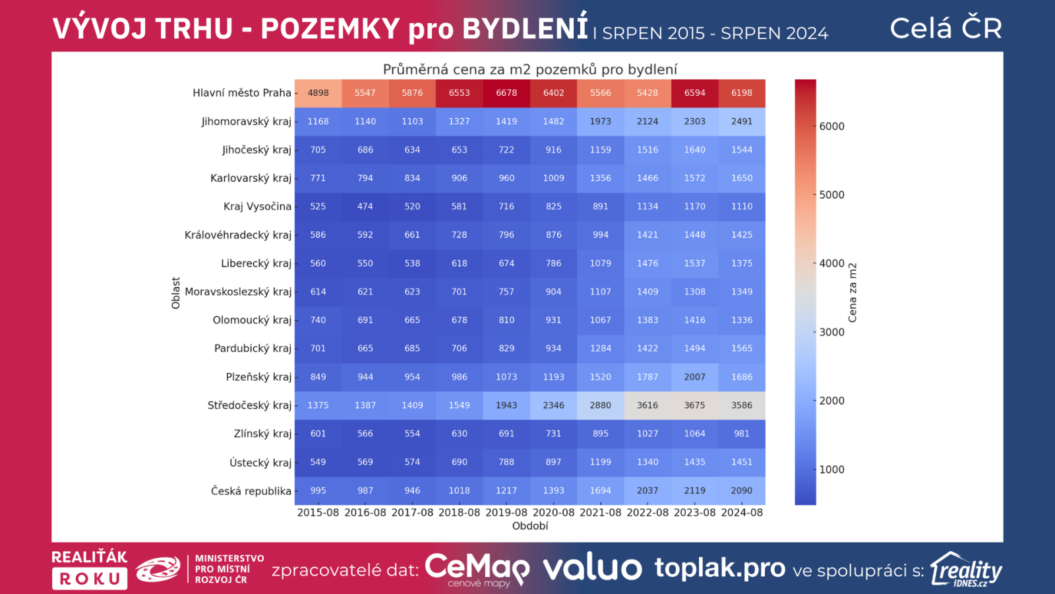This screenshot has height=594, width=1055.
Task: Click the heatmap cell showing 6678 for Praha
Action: click(x=506, y=93)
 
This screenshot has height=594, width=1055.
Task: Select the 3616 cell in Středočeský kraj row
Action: click(x=648, y=405)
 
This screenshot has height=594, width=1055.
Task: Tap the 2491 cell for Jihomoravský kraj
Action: click(x=742, y=121)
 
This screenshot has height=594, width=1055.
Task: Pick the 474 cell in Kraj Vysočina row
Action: click(x=365, y=207)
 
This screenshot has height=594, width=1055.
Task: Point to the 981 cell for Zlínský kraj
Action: click(x=742, y=434)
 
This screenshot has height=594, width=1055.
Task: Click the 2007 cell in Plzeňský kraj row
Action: click(x=694, y=377)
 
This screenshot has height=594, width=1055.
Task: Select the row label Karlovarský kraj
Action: click(x=251, y=178)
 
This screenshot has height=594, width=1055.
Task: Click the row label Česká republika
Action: click(x=251, y=491)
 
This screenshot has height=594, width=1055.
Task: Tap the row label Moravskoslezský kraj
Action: click(x=238, y=292)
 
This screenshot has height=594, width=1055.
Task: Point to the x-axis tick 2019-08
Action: click(x=506, y=512)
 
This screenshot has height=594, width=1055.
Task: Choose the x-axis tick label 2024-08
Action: click(x=742, y=512)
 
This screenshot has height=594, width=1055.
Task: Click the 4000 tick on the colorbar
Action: click(x=831, y=263)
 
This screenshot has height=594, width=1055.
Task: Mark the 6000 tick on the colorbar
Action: click(x=831, y=126)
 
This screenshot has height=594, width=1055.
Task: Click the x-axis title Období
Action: click(x=530, y=526)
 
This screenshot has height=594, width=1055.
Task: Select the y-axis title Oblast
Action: click(x=175, y=292)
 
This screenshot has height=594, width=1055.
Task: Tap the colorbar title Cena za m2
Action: click(x=853, y=292)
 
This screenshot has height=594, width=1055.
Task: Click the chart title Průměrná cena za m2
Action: click(x=530, y=69)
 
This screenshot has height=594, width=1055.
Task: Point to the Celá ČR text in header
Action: click(x=946, y=28)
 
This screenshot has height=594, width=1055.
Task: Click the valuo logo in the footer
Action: click(x=592, y=568)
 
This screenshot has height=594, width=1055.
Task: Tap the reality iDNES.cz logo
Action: click(x=967, y=570)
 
